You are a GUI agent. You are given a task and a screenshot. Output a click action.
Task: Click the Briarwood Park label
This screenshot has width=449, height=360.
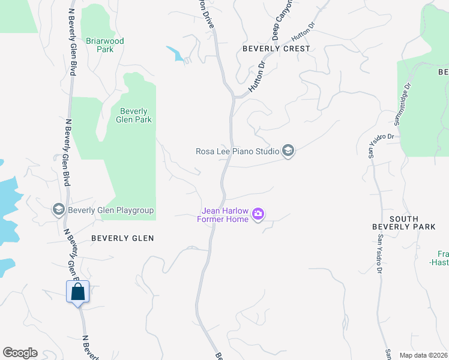tap(104, 45)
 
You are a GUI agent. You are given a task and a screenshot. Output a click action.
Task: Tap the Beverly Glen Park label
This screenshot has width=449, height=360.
tap(134, 115)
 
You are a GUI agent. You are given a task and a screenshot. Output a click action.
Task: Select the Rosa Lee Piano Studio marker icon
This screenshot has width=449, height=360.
tap(288, 151)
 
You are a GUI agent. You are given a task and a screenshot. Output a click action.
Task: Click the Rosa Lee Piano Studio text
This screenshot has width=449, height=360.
tap(237, 151)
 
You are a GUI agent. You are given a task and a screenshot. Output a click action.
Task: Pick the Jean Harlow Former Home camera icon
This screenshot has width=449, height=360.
tap(259, 214)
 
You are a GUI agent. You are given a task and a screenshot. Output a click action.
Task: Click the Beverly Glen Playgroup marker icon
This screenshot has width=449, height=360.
tap(59, 209)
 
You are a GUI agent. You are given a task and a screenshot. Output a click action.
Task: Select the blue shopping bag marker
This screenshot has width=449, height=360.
tap(78, 292)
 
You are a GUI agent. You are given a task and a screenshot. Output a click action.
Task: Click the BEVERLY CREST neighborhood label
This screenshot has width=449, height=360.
tap(276, 49)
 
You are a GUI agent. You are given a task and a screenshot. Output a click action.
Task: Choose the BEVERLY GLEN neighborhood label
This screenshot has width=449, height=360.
tap(122, 238)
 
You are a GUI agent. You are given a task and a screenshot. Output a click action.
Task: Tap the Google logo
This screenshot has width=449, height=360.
tap(20, 353)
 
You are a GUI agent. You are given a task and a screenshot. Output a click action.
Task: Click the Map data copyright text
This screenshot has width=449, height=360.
tap(423, 355)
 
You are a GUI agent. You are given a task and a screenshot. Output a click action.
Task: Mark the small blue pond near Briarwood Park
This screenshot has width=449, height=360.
tap(176, 53)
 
